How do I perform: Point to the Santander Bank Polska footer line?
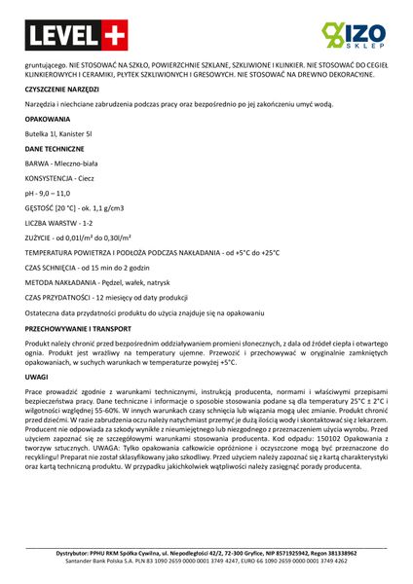[x=206, y=562]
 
